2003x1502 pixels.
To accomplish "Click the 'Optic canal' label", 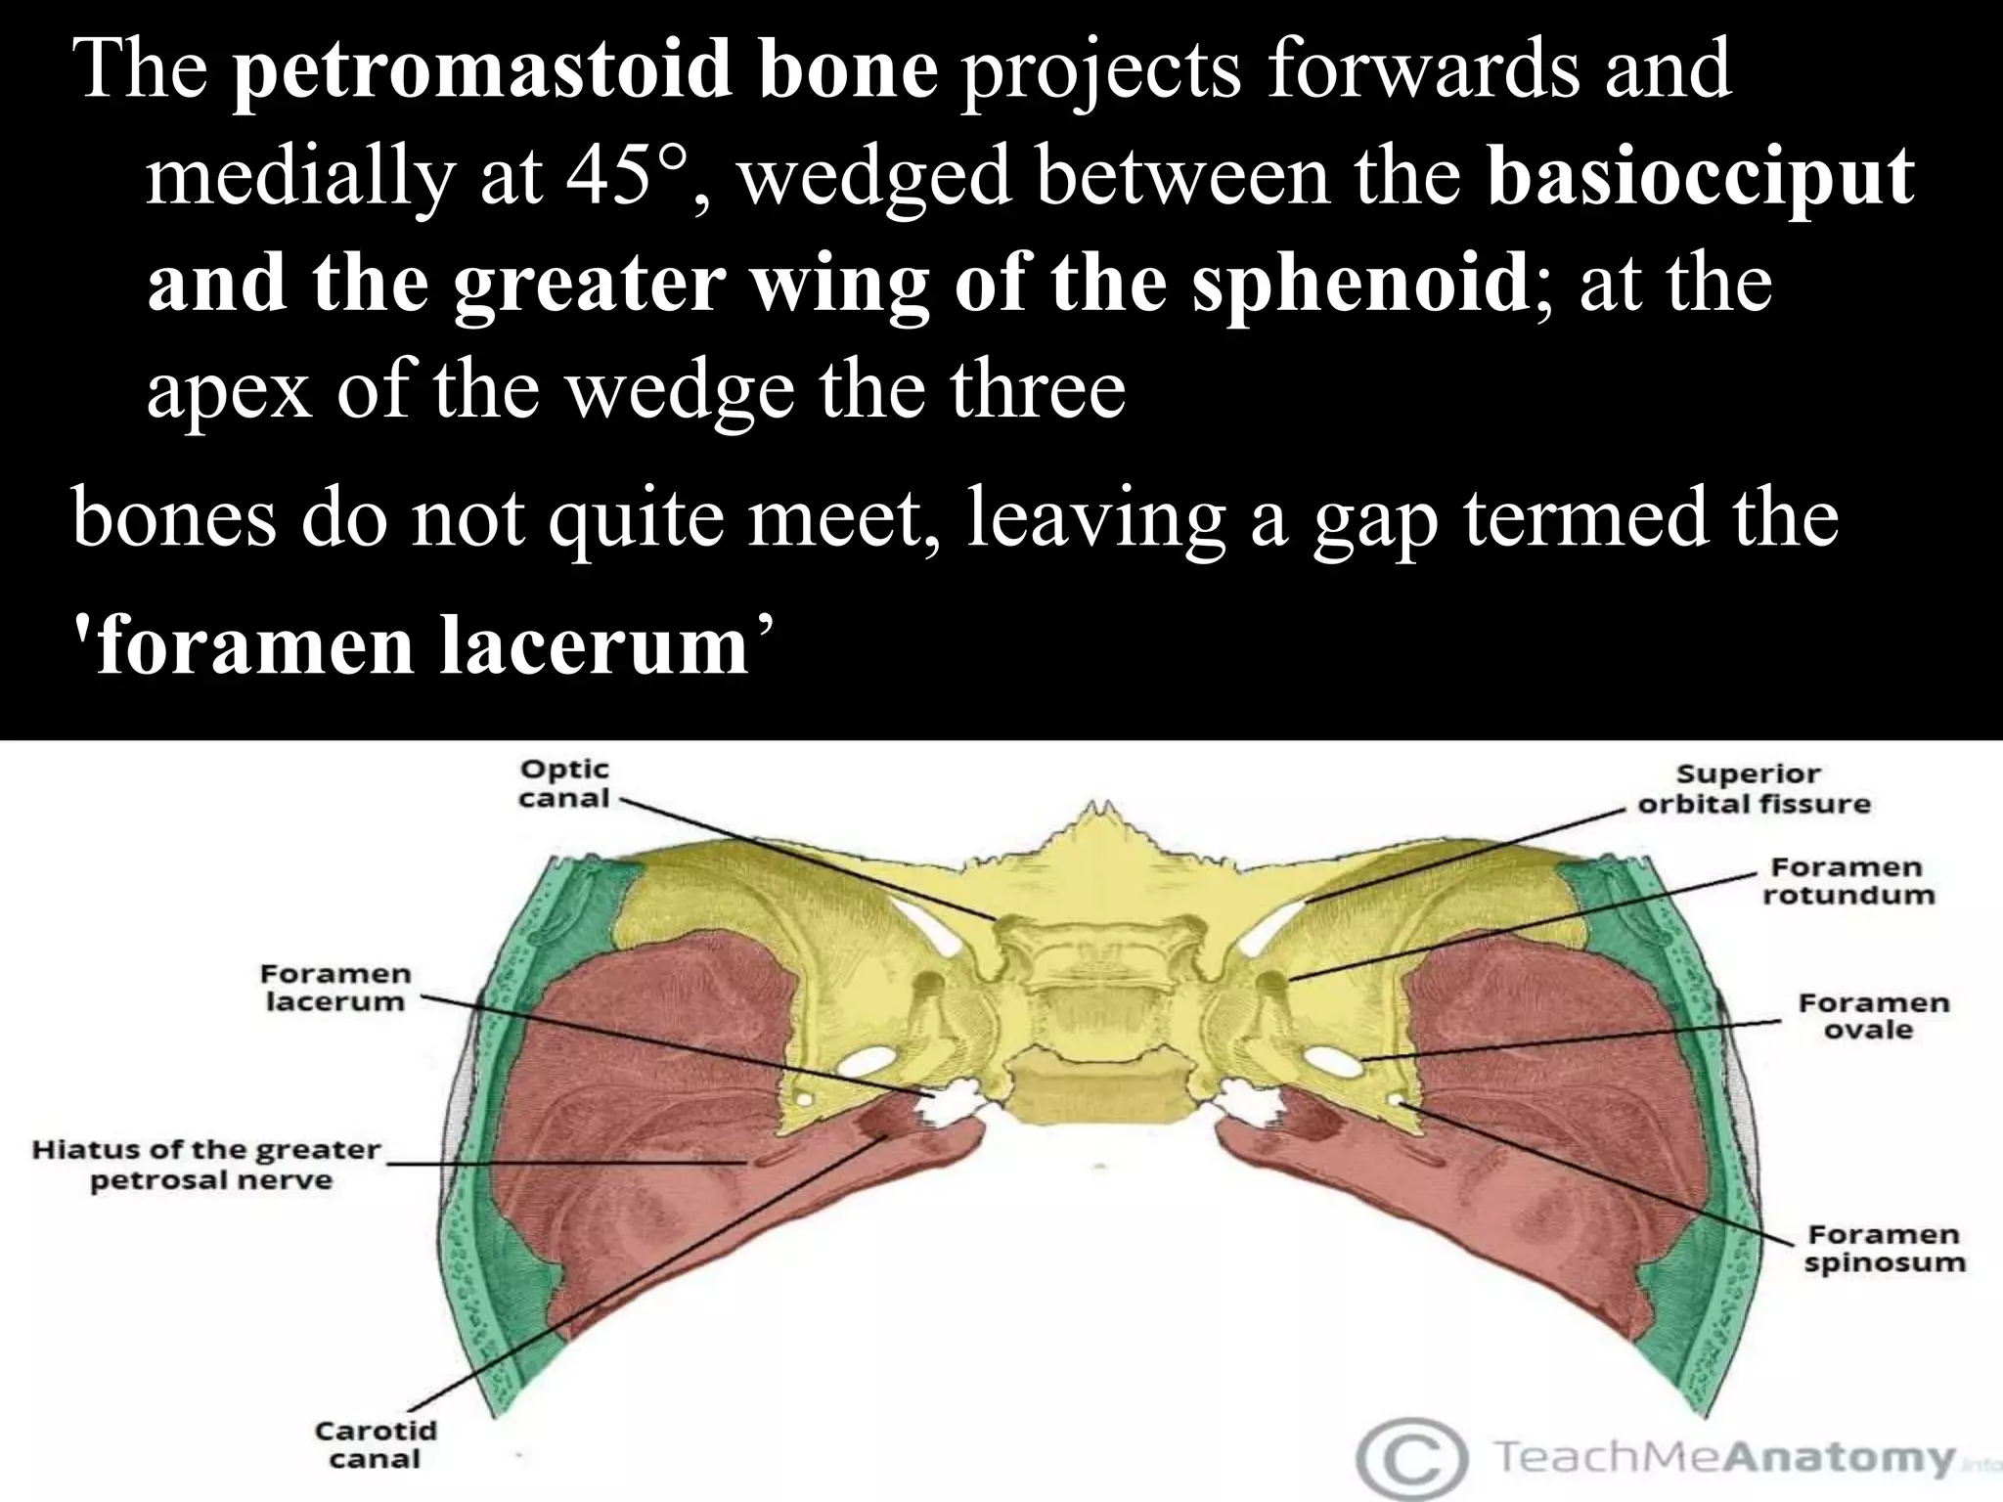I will (563, 784).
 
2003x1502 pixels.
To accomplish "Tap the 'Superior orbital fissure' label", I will (1754, 789).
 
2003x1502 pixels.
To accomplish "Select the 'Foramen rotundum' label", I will (1847, 881).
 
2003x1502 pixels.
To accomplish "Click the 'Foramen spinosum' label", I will (1884, 1249).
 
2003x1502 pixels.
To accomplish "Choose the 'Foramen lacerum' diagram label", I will (334, 988).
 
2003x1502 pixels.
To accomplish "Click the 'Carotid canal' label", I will (376, 1445).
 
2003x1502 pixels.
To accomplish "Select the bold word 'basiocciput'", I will (1700, 177).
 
